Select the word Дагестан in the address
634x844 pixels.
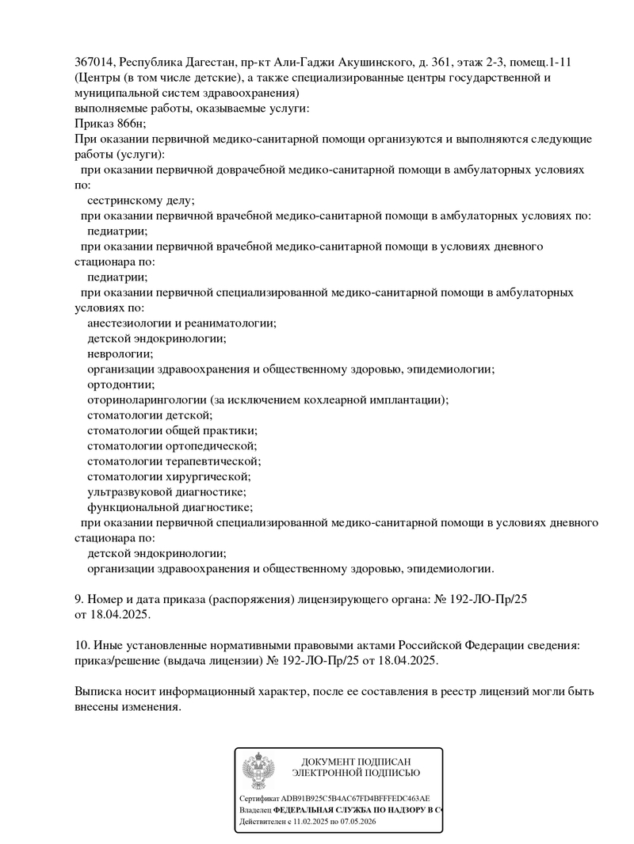[209, 63]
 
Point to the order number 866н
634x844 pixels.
[130, 123]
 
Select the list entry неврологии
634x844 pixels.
[120, 354]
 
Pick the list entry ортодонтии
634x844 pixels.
[120, 384]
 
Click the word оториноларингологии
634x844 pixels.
[147, 400]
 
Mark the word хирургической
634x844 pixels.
[208, 476]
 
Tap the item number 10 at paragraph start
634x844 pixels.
[81, 646]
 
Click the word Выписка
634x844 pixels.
[98, 692]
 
